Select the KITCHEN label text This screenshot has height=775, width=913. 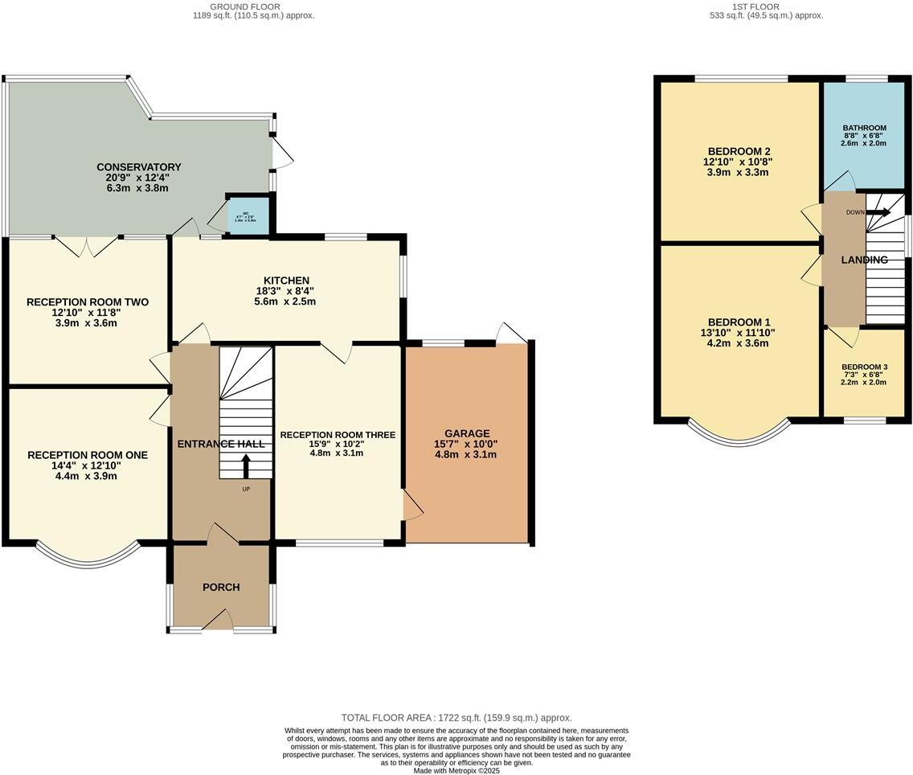coord(290,281)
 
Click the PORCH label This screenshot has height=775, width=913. coord(221,587)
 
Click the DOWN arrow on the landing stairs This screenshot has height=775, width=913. coord(878,213)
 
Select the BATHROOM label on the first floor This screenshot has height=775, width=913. coord(864,128)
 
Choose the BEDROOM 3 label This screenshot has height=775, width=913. coord(864,367)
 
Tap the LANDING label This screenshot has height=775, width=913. coord(864,260)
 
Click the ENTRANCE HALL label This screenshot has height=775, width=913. coord(221,445)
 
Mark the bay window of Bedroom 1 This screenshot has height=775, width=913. coord(739,434)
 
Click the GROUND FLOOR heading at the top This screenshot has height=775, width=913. coord(253,6)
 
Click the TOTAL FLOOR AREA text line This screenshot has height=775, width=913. coord(456,718)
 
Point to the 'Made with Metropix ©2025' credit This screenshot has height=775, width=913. coord(456,770)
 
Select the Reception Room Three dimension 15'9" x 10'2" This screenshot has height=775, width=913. coord(338,444)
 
